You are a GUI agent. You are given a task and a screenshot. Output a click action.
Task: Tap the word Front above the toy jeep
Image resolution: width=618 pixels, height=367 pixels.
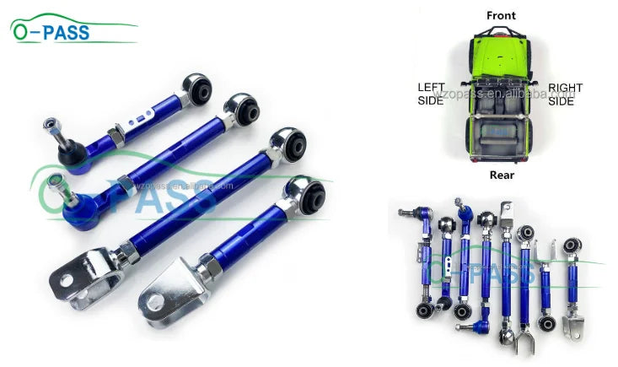[x=501, y=15]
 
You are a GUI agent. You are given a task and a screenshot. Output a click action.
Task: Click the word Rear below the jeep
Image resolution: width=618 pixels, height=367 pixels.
[x=501, y=175]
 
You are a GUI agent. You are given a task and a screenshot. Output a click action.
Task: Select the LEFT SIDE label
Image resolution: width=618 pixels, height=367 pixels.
[x=431, y=94]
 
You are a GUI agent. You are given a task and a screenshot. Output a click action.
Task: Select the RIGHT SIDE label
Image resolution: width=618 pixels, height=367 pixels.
[x=565, y=94]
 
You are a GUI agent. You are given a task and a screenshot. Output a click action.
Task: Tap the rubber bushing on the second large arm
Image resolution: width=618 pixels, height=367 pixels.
[x=243, y=110]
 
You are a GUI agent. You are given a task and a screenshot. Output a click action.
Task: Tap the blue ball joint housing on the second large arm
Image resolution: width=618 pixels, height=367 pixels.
[x=76, y=205]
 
